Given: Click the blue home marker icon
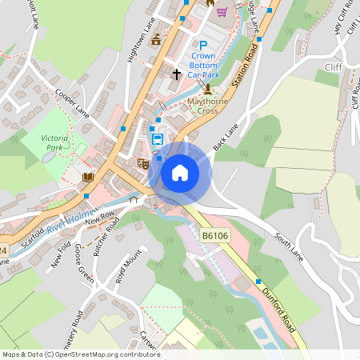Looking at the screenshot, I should pos(180,172).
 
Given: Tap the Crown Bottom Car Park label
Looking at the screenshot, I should pos(203,63).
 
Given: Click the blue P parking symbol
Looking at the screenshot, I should pos(203,46).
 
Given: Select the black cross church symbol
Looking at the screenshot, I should pos(177,74).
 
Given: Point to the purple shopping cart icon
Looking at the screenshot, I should pos(222,11).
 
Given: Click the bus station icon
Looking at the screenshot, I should pos(158,139).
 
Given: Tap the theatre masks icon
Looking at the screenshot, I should pos(143,163).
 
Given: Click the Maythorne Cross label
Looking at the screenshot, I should pos(208,106).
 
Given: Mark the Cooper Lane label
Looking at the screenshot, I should pos(72,104).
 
